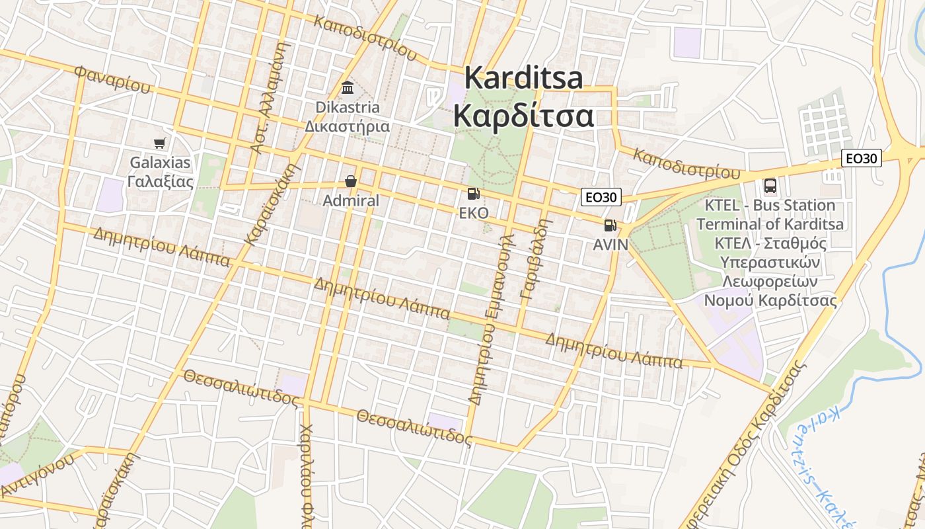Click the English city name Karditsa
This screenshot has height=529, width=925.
click(523, 78)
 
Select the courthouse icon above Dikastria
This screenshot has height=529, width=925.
click(347, 88)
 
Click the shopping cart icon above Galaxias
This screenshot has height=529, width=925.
click(159, 143)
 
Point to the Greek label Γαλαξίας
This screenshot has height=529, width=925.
click(160, 181)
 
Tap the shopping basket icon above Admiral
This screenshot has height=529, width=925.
click(351, 181)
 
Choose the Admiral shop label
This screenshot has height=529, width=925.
click(351, 200)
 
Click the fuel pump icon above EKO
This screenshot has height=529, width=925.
click(473, 194)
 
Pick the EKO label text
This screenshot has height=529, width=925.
click(474, 213)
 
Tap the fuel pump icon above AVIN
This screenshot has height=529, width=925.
click(610, 225)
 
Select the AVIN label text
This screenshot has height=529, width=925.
click(610, 244)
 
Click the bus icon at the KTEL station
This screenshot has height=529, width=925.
click(770, 186)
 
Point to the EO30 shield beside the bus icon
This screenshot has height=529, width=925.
click(862, 158)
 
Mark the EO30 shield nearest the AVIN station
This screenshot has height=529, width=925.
click(601, 196)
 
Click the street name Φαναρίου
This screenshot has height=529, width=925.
click(112, 79)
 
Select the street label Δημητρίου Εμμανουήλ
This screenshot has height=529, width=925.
click(491, 317)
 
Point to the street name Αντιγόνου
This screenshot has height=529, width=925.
click(36, 475)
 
